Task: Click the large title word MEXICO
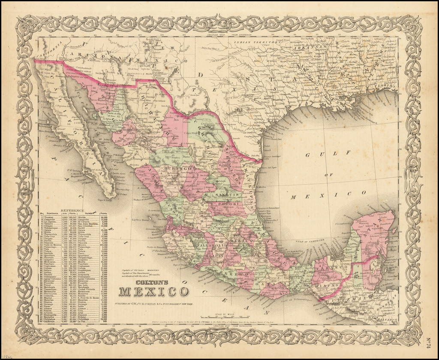[x=153, y=291]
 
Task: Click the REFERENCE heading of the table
[x=73, y=210]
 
